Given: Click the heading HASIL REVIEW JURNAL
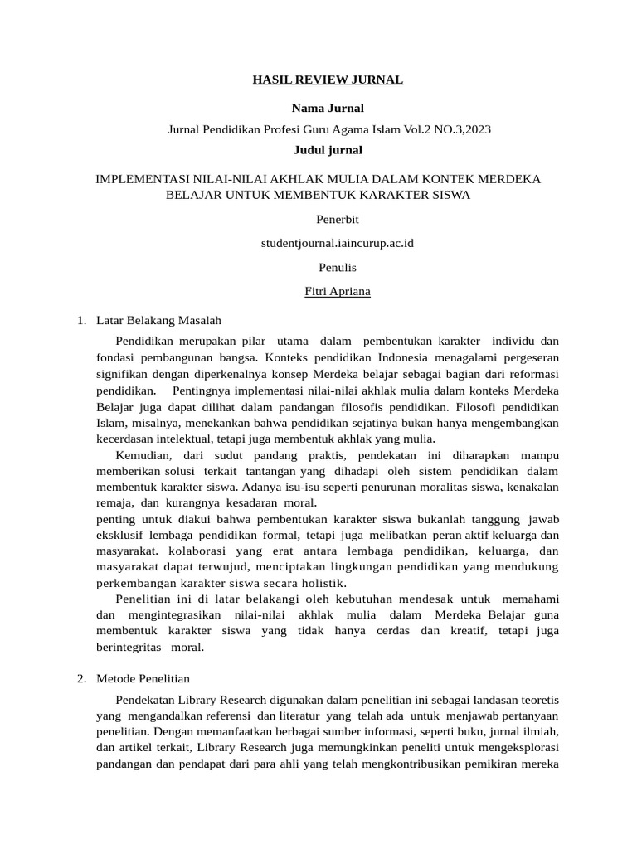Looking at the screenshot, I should pos(328,80).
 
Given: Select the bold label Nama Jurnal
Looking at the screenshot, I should pos(328,109).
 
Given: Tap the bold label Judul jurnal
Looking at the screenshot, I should pos(328,150).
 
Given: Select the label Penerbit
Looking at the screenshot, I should pos(338,220).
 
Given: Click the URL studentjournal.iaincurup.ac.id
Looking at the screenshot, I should pos(338,244).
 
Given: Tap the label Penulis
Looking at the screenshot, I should pos(338,268).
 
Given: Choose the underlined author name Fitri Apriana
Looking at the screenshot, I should pos(338,292).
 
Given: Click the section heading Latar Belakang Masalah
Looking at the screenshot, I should pos(159,320).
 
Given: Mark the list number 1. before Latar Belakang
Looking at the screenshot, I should pos(81,320).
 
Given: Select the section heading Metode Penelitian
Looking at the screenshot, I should pos(143,678).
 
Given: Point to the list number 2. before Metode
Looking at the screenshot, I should pos(81,678).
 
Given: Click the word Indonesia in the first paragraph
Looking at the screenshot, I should pos(401,358).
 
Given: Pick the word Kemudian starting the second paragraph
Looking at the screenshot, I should pos(143,455).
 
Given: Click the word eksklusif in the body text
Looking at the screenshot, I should pos(119,536).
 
